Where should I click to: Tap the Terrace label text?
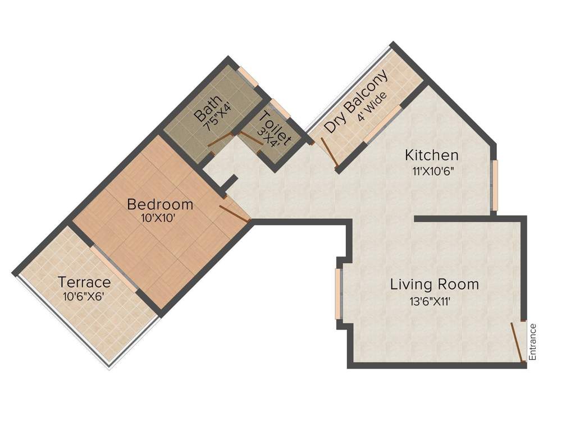(85, 282)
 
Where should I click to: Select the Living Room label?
(435, 285)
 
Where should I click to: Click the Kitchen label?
(432, 155)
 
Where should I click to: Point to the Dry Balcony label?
(355, 102)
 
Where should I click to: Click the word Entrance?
(533, 342)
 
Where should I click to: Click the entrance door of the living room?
(518, 342)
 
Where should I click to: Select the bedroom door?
(235, 214)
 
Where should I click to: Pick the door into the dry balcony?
(330, 152)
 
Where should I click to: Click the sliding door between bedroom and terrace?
(114, 269)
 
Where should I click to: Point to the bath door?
(220, 140)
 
